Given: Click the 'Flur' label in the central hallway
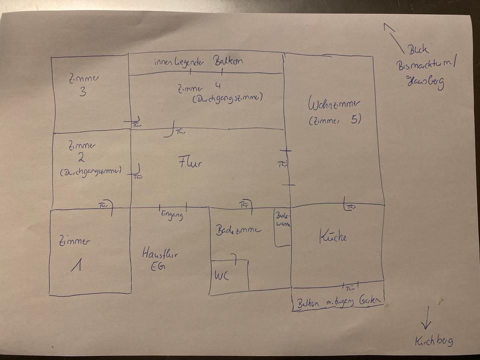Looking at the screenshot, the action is [190, 162].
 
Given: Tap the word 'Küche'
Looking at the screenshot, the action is [332, 237].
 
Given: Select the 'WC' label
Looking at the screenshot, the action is [222, 276].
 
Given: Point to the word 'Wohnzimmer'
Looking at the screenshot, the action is [334, 105].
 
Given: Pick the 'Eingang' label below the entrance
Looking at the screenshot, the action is [172, 215].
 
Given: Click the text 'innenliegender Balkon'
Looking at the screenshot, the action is [198, 61].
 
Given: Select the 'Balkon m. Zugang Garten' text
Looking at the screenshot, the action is [338, 302].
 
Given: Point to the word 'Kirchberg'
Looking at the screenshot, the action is [433, 341].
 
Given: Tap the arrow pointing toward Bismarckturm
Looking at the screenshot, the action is [393, 37].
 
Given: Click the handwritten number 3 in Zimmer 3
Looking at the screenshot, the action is [83, 92].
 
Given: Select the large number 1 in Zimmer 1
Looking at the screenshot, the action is [76, 265].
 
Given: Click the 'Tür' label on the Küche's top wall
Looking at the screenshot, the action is [351, 207].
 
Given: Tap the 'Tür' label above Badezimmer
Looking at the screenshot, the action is [244, 204].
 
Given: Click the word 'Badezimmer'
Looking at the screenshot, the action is [238, 230].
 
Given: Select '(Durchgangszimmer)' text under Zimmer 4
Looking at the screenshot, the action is [227, 98].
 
